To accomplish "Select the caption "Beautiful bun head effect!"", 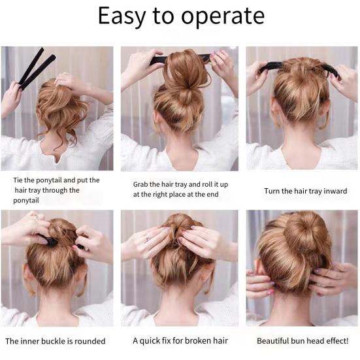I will pyautogui.click(x=303, y=340).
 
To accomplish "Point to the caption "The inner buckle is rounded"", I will pyautogui.click(x=56, y=340).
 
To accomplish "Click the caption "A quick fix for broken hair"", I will pyautogui.click(x=178, y=340).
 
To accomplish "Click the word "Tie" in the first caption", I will pyautogui.click(x=20, y=180).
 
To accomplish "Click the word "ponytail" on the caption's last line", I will pyautogui.click(x=27, y=201).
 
